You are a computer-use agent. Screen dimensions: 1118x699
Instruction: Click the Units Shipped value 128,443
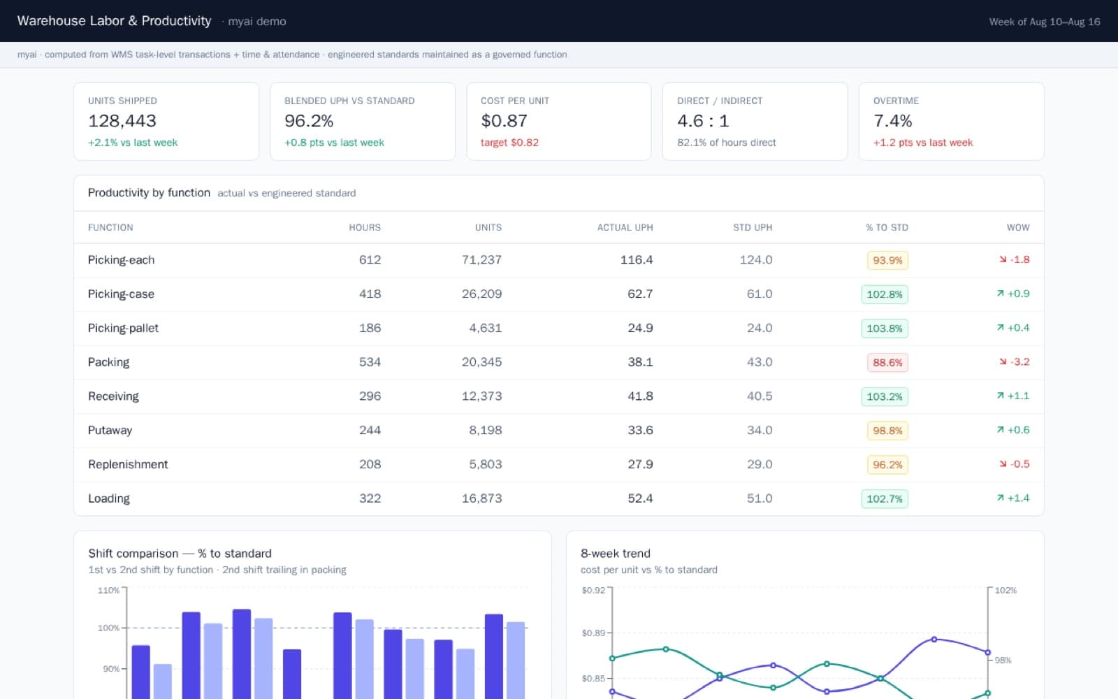click(122, 121)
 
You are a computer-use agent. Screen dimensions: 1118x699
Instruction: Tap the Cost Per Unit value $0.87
click(504, 121)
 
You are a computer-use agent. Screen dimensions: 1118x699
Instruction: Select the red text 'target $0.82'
click(509, 143)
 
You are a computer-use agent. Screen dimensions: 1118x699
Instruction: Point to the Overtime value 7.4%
click(892, 121)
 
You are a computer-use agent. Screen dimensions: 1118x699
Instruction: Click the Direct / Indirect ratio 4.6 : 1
click(703, 121)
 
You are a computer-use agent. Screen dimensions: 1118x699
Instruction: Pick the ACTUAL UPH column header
click(625, 228)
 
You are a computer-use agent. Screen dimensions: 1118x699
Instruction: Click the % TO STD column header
click(887, 228)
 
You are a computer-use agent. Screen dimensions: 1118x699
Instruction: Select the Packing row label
click(108, 362)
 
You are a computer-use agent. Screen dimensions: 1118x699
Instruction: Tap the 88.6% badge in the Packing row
click(887, 363)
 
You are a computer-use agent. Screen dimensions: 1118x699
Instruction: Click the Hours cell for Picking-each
click(370, 259)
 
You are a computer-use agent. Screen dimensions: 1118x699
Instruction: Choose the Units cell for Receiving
click(481, 396)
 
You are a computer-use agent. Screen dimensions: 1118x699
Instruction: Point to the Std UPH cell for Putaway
click(760, 430)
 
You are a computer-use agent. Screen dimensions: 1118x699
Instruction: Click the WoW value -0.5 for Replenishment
click(1019, 464)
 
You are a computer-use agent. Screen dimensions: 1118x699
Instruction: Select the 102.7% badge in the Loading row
click(885, 499)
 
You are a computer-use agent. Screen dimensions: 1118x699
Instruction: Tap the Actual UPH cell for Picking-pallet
click(640, 328)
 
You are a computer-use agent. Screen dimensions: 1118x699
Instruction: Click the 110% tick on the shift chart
click(108, 590)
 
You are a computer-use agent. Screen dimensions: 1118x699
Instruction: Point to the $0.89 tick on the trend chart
click(593, 633)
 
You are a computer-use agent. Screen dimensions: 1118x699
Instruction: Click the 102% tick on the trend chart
click(1006, 590)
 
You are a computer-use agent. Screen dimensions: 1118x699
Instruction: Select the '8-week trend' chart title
click(616, 553)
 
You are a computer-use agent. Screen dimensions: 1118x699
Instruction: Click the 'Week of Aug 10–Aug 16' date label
click(1045, 22)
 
